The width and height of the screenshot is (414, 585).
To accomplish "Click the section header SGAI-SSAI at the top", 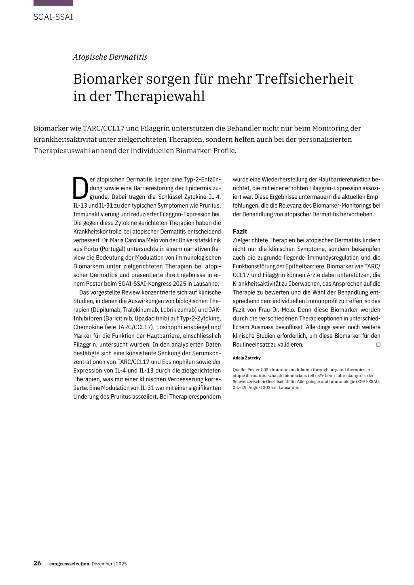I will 53,17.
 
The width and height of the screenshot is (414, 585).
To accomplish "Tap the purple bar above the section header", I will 53,3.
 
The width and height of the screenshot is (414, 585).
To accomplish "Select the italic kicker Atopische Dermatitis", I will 110,57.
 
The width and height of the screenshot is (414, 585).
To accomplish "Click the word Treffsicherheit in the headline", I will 304,79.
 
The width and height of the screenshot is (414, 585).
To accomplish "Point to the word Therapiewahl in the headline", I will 160,96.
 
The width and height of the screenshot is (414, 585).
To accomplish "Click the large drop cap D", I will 80,189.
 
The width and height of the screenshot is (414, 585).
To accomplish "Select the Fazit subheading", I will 240,231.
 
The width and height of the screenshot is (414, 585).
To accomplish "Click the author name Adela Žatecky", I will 247,358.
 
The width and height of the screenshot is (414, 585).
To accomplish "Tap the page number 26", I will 37,563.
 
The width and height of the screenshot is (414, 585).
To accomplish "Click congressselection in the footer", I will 69,564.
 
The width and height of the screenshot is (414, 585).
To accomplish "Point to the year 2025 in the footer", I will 121,564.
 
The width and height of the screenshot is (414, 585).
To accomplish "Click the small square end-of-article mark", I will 378,345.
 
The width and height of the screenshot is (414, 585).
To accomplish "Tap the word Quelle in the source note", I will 240,370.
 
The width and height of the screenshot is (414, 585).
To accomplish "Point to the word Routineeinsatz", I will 251,345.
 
